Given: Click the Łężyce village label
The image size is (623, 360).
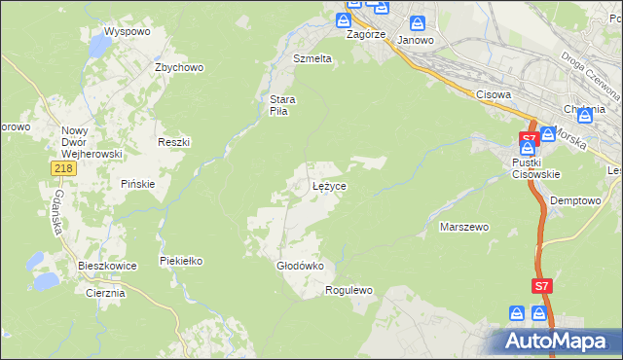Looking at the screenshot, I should [x=329, y=185].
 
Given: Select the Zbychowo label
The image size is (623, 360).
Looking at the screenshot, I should [x=178, y=67].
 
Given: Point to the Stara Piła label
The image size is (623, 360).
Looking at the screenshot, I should [x=283, y=104].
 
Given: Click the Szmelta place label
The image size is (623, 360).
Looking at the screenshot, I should [x=312, y=58].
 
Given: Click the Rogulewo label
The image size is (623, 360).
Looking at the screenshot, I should [x=349, y=290].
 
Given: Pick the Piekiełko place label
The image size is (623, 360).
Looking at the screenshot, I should [x=180, y=261].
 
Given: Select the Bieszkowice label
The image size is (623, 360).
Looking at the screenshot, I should [x=107, y=265].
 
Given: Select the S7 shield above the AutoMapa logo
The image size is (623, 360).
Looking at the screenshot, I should [x=543, y=286].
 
